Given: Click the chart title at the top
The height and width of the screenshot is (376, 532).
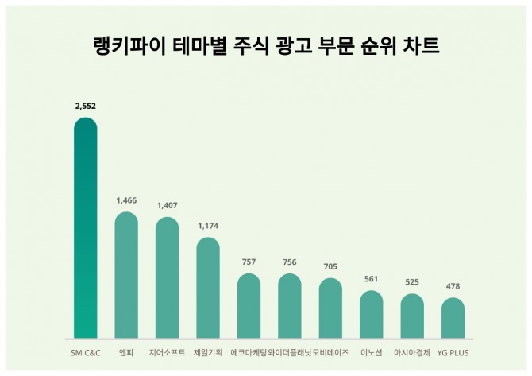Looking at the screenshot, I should (266, 45).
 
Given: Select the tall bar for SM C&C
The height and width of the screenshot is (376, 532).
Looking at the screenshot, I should (85, 231).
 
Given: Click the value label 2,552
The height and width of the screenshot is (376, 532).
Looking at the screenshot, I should (85, 106).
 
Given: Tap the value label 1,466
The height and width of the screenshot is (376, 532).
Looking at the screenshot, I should (126, 200).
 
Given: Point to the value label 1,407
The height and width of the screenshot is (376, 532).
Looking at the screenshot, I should (167, 205).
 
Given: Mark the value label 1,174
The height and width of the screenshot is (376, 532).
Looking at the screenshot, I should (208, 226).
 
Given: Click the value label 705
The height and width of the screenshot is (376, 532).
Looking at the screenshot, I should (330, 266).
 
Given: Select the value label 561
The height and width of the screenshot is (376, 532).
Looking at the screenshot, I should (372, 279).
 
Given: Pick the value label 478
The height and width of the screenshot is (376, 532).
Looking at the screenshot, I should (453, 286).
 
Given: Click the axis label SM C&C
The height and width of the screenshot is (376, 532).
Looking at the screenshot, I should (85, 351).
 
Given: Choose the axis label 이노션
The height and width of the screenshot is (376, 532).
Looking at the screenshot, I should (372, 351).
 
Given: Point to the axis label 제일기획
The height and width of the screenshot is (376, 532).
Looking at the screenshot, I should (208, 351).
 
